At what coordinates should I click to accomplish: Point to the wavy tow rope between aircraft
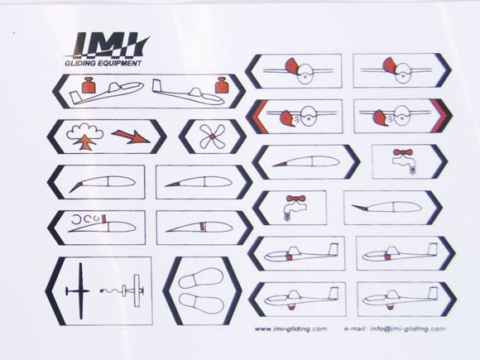(108, 290)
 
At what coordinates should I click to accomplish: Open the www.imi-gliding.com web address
(284, 329)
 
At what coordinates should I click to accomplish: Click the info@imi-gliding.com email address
(407, 329)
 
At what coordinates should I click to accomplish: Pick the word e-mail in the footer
(353, 329)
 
